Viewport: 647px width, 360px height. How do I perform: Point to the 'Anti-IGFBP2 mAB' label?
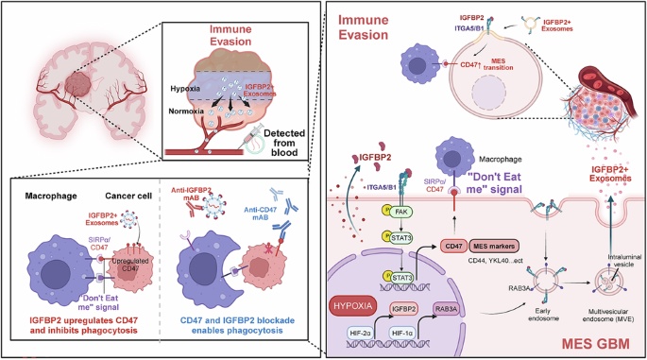click(x=204, y=195)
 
